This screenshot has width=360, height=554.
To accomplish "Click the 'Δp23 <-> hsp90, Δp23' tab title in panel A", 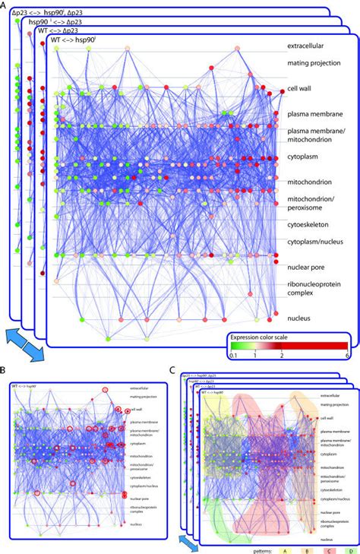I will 58,13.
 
